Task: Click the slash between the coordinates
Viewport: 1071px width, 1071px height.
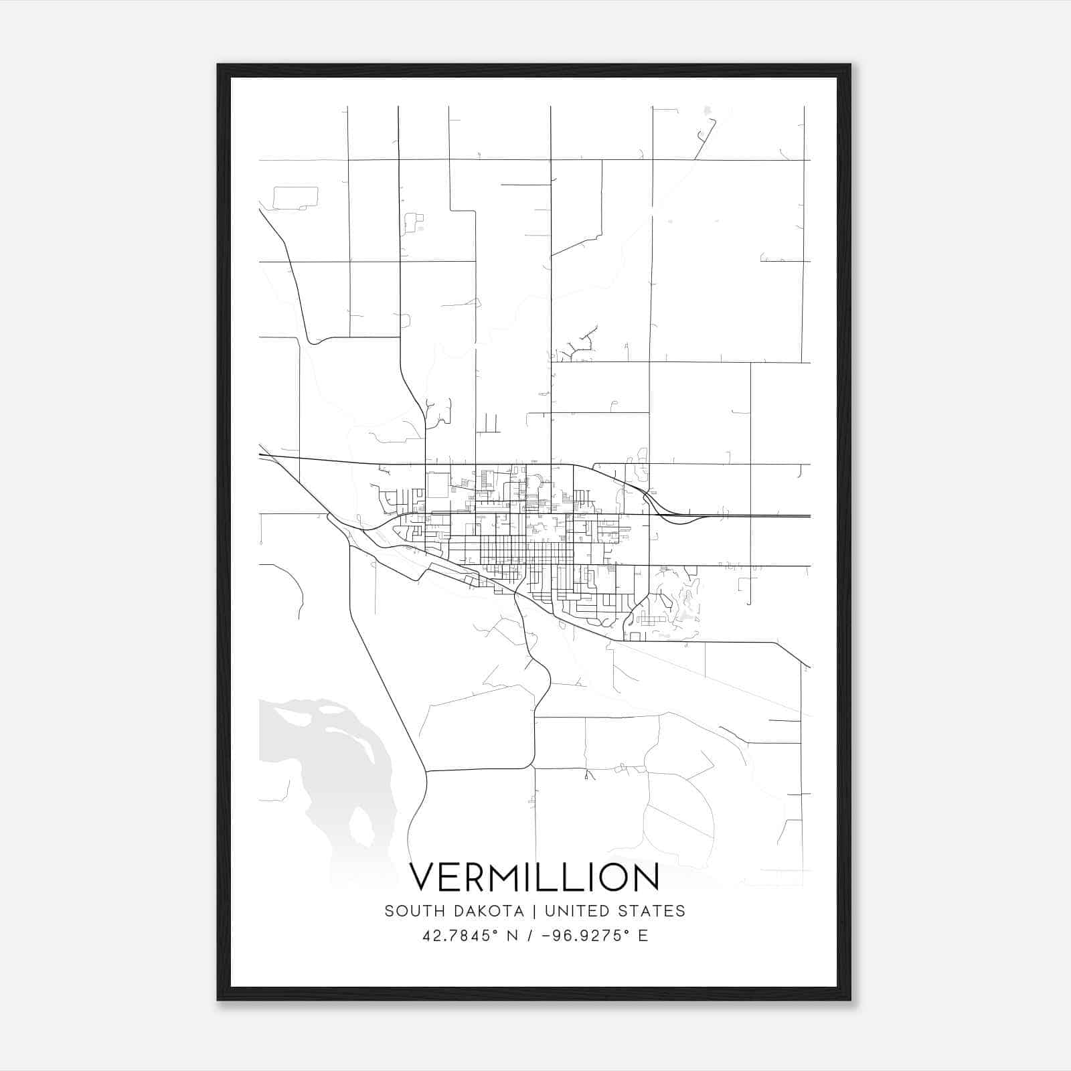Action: pos(531,936)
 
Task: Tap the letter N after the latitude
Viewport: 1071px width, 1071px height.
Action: pos(512,936)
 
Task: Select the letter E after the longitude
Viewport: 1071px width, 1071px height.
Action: pos(643,936)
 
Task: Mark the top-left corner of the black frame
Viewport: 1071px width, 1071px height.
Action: pos(219,66)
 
